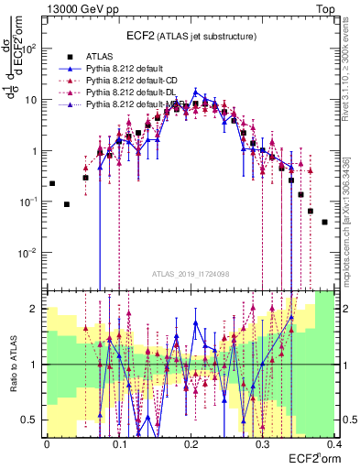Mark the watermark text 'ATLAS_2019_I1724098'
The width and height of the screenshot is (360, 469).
click(x=190, y=274)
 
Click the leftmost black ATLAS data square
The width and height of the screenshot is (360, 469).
click(x=52, y=183)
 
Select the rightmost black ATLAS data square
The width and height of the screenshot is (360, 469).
click(x=325, y=222)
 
